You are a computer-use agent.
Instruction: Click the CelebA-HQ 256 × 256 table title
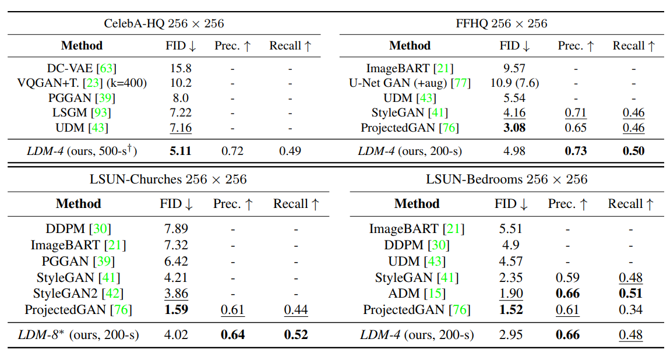pos(164,24)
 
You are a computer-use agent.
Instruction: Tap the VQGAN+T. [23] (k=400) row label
pos(82,83)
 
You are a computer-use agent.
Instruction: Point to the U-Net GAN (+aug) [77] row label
pos(410,83)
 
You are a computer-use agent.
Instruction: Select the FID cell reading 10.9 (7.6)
pos(514,83)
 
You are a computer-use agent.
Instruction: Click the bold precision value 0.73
pos(575,151)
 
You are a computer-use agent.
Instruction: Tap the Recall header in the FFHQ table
pos(634,46)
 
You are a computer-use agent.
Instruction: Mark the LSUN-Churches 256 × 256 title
pos(168,179)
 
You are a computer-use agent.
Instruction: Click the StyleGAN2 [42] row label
pos(78,294)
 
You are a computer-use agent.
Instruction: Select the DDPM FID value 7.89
pos(177,228)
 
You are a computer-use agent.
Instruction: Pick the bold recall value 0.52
pos(296,335)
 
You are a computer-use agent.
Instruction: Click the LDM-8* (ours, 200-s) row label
pos(78,335)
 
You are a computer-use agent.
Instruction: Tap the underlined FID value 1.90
pos(510,294)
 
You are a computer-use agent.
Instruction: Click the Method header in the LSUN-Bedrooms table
pos(417,204)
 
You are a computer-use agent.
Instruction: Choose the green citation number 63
pos(107,68)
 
